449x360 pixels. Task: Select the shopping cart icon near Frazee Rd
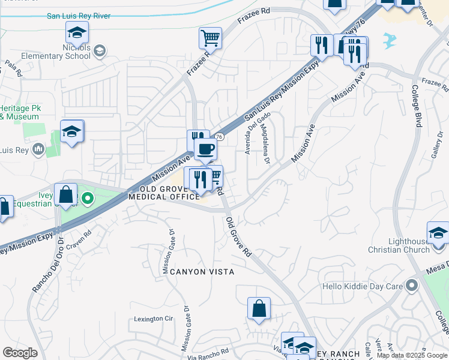[x=211, y=38]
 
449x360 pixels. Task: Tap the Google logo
[x=20, y=353]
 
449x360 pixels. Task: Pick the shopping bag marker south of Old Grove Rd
[x=259, y=309]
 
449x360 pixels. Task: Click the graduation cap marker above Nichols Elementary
[x=77, y=32]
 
